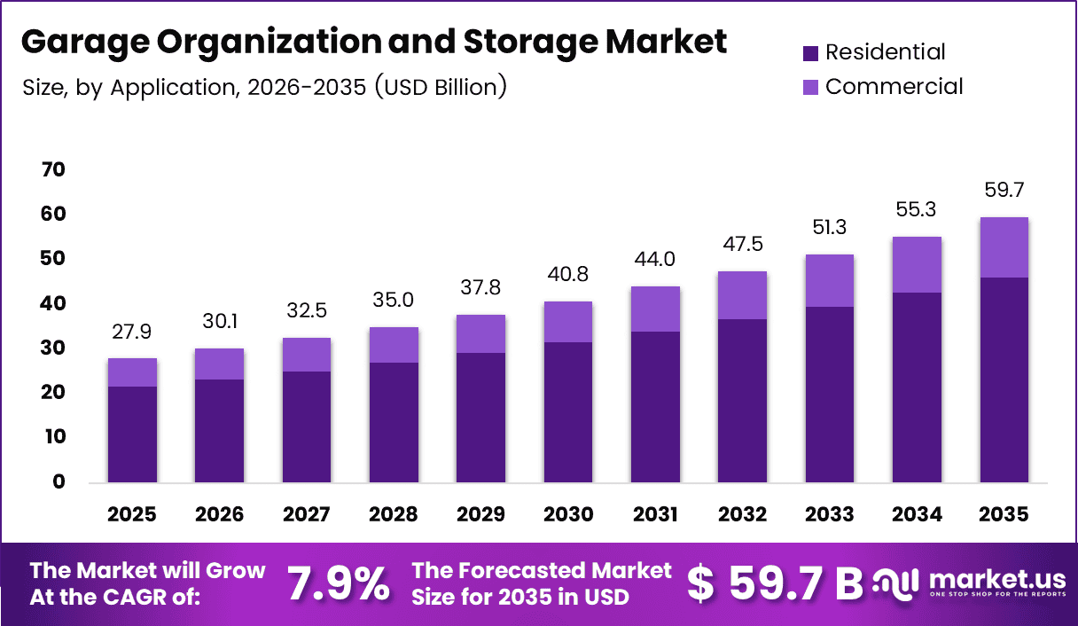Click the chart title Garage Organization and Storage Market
pyautogui.click(x=373, y=42)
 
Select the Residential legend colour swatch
pyautogui.click(x=810, y=53)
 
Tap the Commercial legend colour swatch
pyautogui.click(x=810, y=87)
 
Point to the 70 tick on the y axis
pyautogui.click(x=52, y=170)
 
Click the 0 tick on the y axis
pyautogui.click(x=59, y=482)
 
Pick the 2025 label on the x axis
pyautogui.click(x=132, y=514)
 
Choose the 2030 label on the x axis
pyautogui.click(x=568, y=514)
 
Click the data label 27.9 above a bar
pyautogui.click(x=132, y=332)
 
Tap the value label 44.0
pyautogui.click(x=655, y=260)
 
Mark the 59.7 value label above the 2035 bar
pyautogui.click(x=1004, y=191)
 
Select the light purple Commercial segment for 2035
pyautogui.click(x=1004, y=247)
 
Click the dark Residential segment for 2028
pyautogui.click(x=394, y=422)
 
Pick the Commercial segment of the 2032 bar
pyautogui.click(x=743, y=295)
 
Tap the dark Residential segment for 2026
pyautogui.click(x=219, y=431)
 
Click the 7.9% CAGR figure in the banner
pyautogui.click(x=339, y=583)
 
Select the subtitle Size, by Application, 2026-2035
pyautogui.click(x=265, y=87)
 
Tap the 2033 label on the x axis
pyautogui.click(x=830, y=514)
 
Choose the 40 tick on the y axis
pyautogui.click(x=52, y=304)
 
